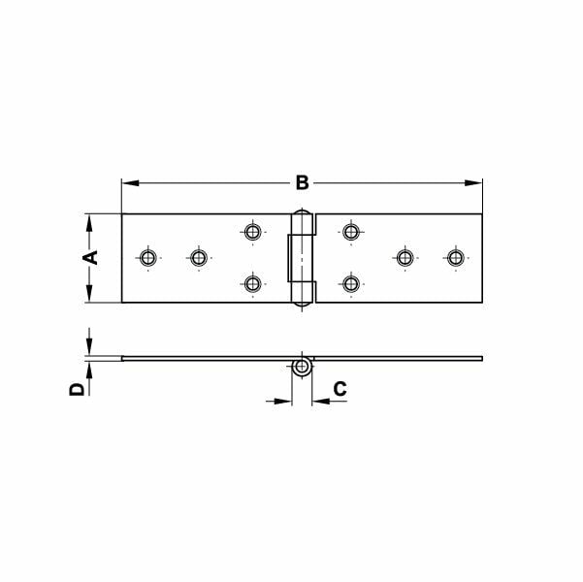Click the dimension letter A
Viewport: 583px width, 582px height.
pyautogui.click(x=88, y=257)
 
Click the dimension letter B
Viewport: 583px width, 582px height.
pyautogui.click(x=302, y=181)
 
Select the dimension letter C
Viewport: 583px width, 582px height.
pyautogui.click(x=340, y=389)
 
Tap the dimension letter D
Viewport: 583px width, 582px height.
pyautogui.click(x=76, y=389)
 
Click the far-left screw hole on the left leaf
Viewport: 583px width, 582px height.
pyautogui.click(x=147, y=257)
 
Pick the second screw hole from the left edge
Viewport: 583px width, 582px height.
pyautogui.click(x=198, y=257)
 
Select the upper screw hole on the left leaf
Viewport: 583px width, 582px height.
pyautogui.click(x=253, y=231)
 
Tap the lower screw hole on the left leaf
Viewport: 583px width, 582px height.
pyautogui.click(x=253, y=283)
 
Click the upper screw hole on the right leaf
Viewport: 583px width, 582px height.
pyautogui.click(x=351, y=231)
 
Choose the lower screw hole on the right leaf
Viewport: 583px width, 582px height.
pyautogui.click(x=351, y=283)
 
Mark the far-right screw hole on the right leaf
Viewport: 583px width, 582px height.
pyautogui.click(x=455, y=257)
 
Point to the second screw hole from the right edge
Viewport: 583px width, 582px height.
pyautogui.click(x=404, y=257)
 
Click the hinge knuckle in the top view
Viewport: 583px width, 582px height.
pyautogui.click(x=302, y=257)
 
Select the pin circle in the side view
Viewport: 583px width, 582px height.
pyautogui.click(x=303, y=368)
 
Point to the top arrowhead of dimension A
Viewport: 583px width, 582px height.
pyautogui.click(x=88, y=220)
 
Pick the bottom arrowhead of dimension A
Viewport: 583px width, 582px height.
pyautogui.click(x=88, y=296)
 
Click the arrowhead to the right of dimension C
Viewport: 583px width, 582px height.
pyautogui.click(x=318, y=399)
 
